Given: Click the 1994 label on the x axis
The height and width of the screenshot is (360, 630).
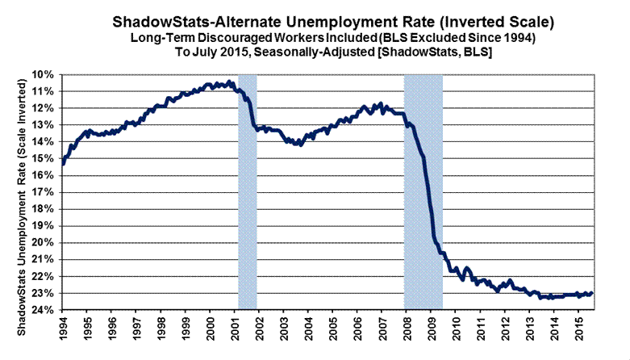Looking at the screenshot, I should (62, 332).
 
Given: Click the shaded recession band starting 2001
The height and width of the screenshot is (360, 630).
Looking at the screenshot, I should (247, 194).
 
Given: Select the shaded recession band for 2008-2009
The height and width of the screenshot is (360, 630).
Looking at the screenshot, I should (423, 194).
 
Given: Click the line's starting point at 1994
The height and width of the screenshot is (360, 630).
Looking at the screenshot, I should (62, 164).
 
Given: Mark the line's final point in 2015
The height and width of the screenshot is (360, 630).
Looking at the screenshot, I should (591, 293).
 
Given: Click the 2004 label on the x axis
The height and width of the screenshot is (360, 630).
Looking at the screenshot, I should (307, 332).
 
